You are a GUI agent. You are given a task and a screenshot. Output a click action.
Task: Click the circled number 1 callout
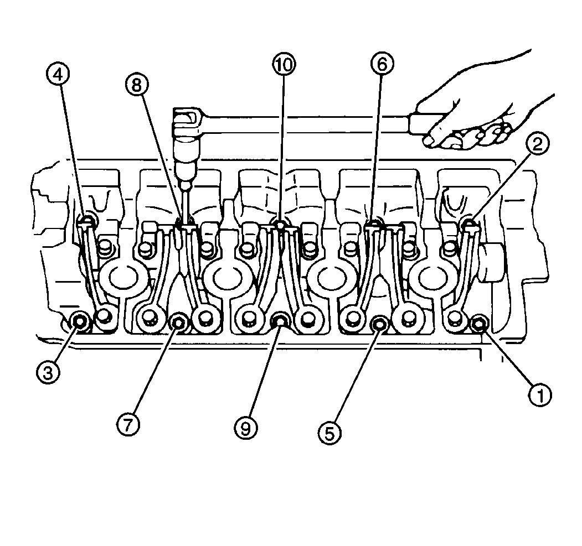(x=540, y=394)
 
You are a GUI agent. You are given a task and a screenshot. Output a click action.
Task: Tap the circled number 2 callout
(x=537, y=143)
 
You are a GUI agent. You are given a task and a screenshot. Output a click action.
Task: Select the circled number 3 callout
(x=48, y=372)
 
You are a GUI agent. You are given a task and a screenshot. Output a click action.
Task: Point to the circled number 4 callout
(x=58, y=75)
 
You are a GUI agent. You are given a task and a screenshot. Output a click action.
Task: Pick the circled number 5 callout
(x=329, y=433)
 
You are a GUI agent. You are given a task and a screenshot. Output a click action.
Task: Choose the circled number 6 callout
(x=382, y=64)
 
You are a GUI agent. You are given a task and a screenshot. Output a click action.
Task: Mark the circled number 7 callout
(x=128, y=425)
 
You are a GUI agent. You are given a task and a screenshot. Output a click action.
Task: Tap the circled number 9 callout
(x=246, y=428)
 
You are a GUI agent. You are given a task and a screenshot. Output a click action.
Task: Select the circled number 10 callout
(x=284, y=65)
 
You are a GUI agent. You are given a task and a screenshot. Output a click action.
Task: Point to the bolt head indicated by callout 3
(x=79, y=321)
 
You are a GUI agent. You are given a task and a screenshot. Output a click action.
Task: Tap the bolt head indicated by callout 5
(x=380, y=324)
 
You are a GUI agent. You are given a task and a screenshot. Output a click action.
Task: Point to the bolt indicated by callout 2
(x=469, y=223)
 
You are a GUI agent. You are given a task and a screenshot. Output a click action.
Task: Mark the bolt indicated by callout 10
(x=280, y=224)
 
